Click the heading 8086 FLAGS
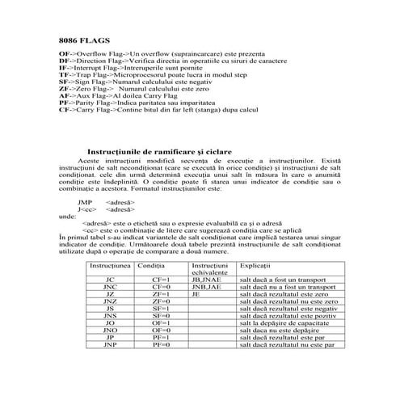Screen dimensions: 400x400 coord(85,39)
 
